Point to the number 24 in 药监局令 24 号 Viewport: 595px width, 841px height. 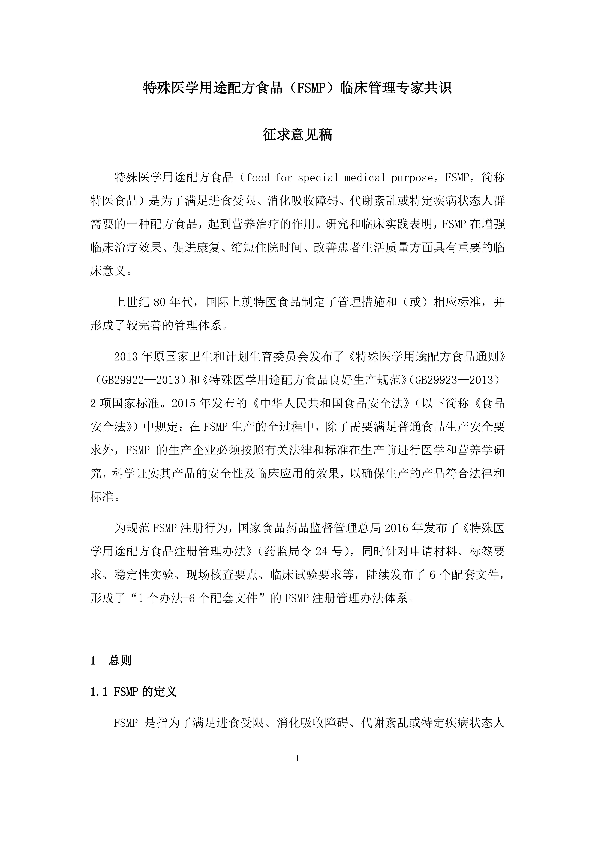321,551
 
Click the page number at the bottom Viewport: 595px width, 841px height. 297,759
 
